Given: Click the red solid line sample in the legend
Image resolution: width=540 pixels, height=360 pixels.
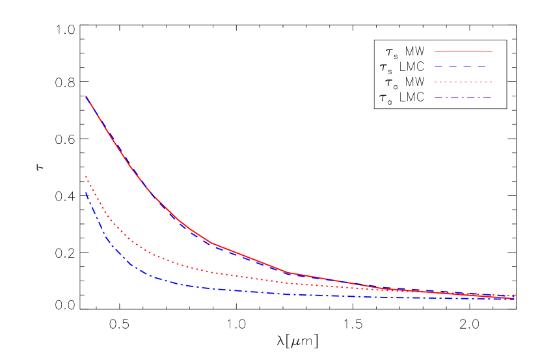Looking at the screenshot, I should coord(463,51).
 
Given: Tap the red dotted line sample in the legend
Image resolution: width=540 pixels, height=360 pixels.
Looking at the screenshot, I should coord(463,82).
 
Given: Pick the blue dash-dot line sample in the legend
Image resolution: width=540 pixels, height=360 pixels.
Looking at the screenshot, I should coord(463,98).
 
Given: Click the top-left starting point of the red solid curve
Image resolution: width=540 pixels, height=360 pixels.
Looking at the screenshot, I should coord(86,96).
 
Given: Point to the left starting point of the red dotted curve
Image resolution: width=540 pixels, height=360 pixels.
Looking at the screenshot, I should coord(86,176).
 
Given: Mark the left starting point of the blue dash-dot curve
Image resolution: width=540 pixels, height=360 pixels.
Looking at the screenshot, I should coord(86,192).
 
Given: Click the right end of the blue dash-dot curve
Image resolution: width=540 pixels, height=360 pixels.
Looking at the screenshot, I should coord(515,299).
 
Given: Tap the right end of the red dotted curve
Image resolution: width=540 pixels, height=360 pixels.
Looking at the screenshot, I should coord(515,296).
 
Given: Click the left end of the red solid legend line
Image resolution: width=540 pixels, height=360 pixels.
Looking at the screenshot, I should coord(435,51).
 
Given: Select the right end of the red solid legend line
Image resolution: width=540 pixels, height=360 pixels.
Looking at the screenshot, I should coord(492,51).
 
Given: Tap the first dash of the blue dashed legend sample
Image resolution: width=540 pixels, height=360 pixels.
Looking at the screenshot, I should coord(439,66).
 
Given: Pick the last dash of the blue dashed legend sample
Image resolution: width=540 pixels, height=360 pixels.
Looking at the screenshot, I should coord(481,66).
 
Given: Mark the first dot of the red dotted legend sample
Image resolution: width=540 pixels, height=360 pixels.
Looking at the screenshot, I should coord(436,82).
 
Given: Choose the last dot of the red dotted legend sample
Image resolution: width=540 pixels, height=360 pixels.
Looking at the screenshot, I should coord(491,82).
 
